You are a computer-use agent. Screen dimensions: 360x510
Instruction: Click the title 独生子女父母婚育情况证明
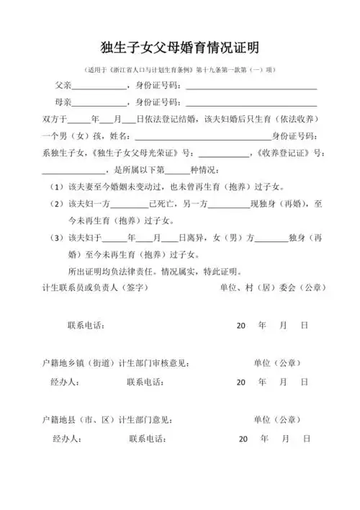180,48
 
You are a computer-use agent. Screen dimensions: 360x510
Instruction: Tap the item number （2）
56,204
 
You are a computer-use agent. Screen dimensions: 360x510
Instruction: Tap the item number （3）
56,238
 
